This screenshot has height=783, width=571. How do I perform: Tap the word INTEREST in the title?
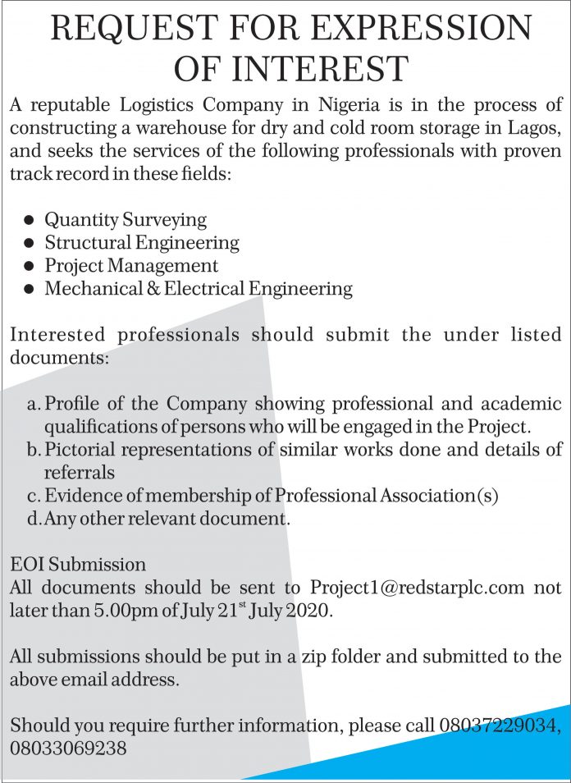318,67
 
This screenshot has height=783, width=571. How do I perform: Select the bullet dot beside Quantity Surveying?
30,220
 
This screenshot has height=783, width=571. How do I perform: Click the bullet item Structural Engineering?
142,243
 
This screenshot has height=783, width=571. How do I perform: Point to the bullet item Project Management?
131,266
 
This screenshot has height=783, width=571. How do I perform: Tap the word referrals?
80,473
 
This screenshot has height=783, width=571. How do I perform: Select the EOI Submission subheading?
78,565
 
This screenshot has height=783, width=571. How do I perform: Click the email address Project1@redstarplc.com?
417,588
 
